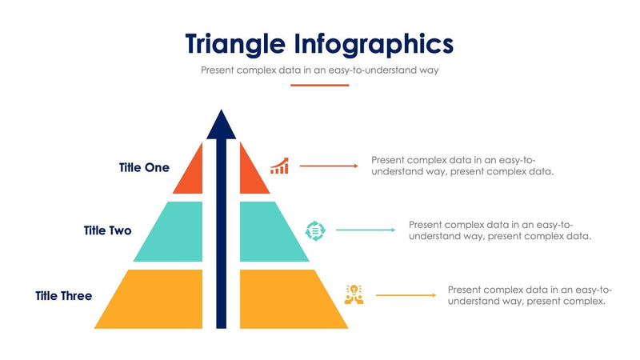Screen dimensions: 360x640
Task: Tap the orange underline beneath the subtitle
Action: click(x=319, y=85)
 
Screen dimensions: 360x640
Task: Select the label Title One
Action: click(x=144, y=168)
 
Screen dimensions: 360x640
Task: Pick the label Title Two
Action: click(x=107, y=230)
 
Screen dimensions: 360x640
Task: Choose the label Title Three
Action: click(x=63, y=296)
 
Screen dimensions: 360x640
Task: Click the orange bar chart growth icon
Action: click(x=279, y=166)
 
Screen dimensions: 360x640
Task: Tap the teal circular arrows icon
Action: click(x=315, y=230)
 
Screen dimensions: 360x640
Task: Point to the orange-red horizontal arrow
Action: click(x=329, y=166)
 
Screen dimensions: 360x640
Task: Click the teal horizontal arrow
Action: click(x=366, y=230)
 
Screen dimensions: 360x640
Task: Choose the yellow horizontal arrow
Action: click(x=406, y=295)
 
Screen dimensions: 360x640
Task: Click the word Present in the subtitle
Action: click(x=218, y=70)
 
